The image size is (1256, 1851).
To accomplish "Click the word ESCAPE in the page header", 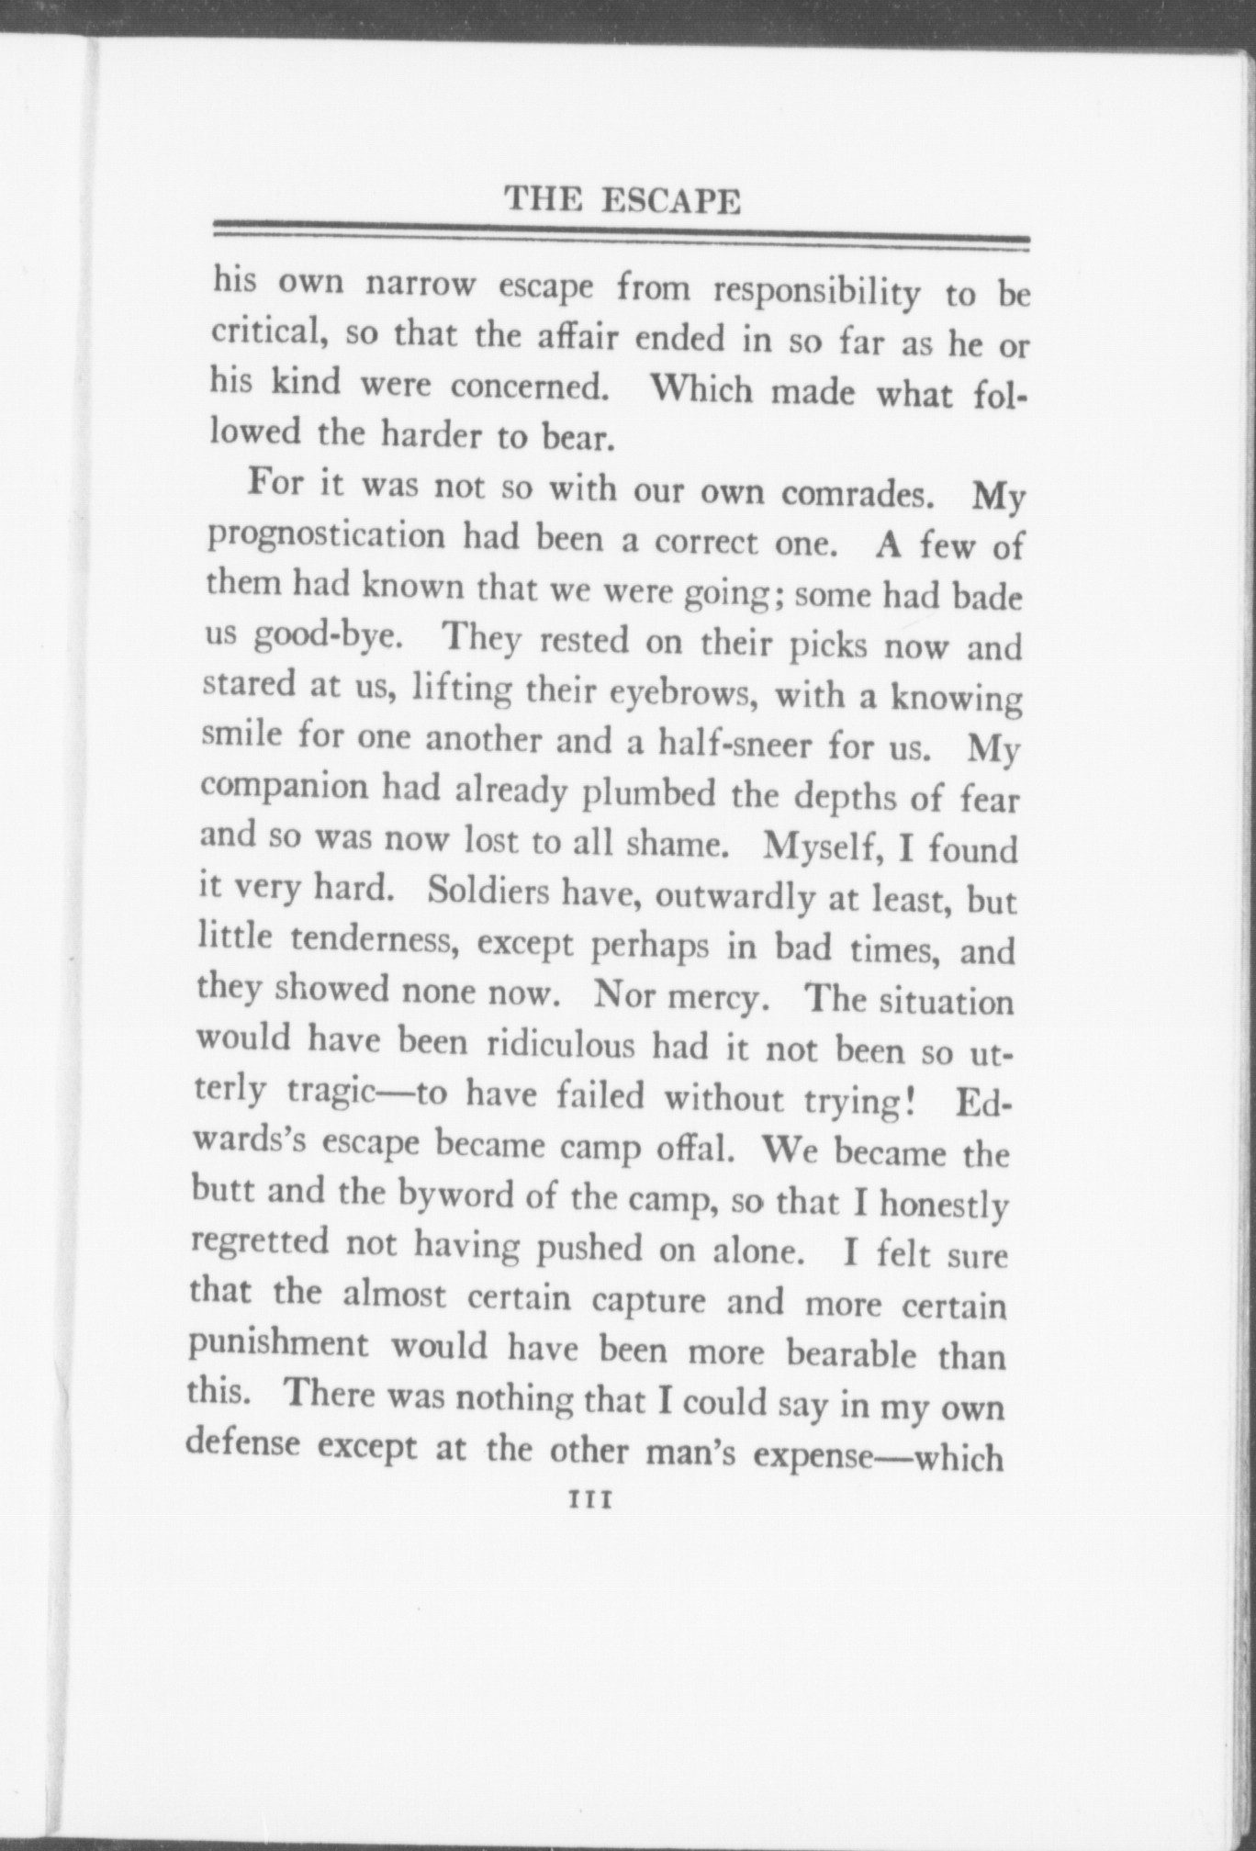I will pyautogui.click(x=669, y=200).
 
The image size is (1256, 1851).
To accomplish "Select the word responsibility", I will pyautogui.click(x=817, y=292).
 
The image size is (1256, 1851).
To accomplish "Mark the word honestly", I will pyautogui.click(x=944, y=1204).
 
